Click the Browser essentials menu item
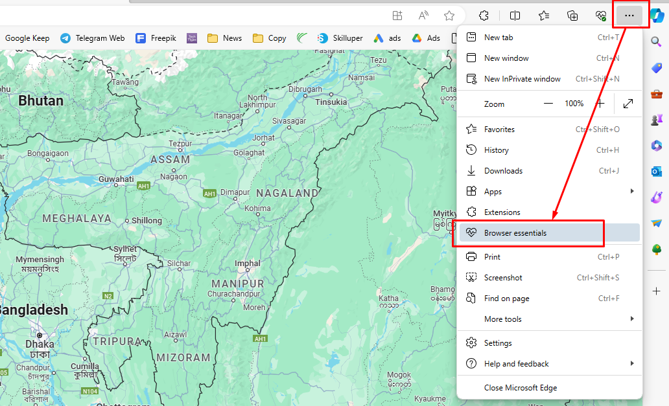(x=515, y=233)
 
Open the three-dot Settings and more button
(x=629, y=16)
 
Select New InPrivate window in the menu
(x=522, y=79)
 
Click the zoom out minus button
(x=548, y=104)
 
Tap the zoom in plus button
(x=600, y=104)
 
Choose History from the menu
(x=496, y=150)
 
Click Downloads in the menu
(x=503, y=171)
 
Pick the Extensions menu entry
(x=502, y=212)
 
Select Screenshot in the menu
(x=503, y=278)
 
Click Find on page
(x=506, y=299)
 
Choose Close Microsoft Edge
(x=521, y=388)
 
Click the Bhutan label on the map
(x=41, y=101)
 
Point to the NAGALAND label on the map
(x=287, y=193)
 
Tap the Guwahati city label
(x=116, y=179)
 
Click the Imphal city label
(x=248, y=264)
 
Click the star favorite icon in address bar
(x=449, y=16)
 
